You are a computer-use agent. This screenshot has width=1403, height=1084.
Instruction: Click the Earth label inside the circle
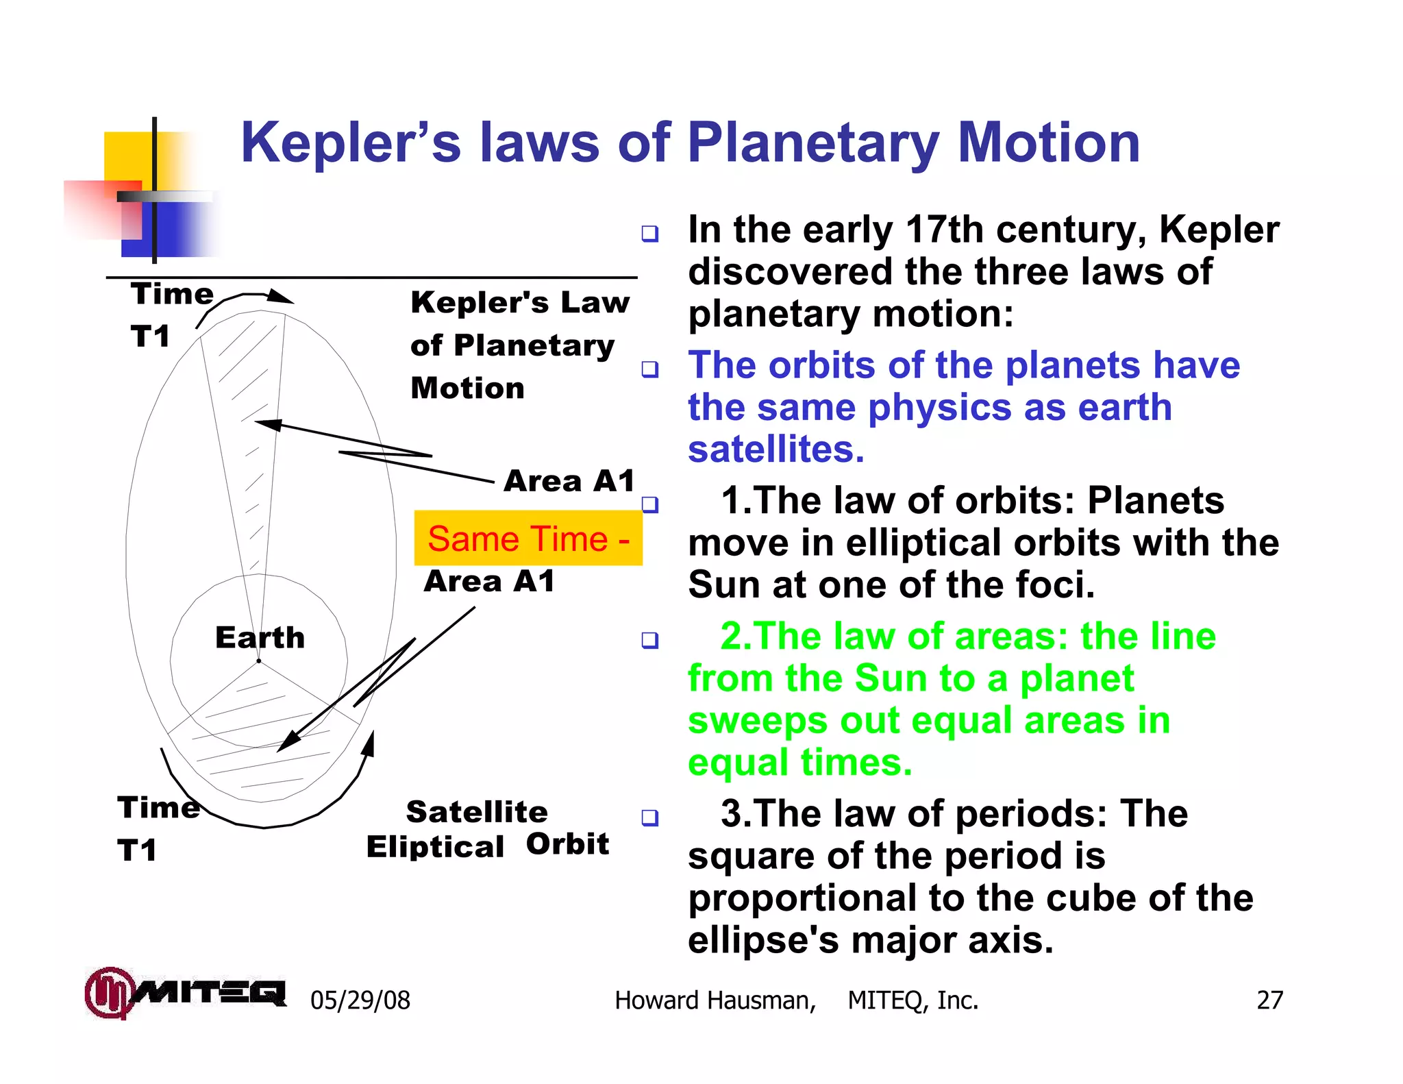[x=260, y=638]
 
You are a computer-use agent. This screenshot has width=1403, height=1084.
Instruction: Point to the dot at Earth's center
[x=258, y=661]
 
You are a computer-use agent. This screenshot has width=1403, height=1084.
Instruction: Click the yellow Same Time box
[x=527, y=538]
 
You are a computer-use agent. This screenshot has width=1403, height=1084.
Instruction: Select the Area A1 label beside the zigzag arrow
[x=569, y=481]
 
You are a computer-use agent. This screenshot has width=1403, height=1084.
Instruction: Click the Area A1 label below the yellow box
[x=489, y=582]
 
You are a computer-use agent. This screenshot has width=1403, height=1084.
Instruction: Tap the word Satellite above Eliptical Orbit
[x=477, y=812]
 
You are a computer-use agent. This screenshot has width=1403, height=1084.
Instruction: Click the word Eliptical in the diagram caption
[x=435, y=848]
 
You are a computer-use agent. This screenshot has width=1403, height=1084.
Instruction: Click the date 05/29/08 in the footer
[x=360, y=1000]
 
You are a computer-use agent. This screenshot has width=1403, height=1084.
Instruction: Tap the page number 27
[x=1269, y=1000]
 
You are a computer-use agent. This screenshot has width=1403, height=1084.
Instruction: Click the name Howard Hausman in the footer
[x=715, y=1000]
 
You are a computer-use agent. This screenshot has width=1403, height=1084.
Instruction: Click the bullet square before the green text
[x=649, y=640]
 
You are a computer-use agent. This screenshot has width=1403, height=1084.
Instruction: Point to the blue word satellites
[x=775, y=450]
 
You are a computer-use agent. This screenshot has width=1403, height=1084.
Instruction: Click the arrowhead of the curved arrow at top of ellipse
[x=281, y=297]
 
